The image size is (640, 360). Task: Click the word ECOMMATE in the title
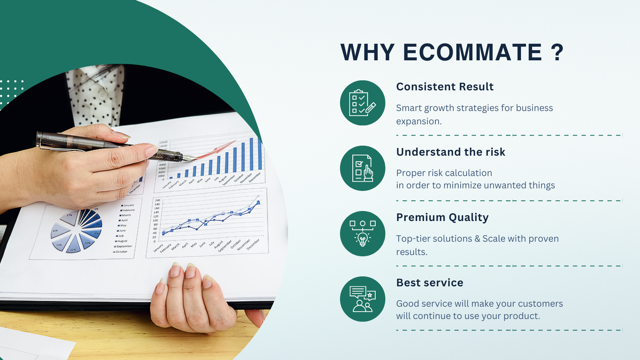473,52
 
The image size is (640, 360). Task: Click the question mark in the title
557,52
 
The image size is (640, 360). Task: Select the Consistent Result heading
445,87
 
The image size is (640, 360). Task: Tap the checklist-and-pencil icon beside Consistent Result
362,103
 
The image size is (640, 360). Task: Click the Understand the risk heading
451,152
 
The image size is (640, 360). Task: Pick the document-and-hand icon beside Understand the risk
362,168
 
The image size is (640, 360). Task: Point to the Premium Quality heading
442,218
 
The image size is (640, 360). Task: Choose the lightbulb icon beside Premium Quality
362,234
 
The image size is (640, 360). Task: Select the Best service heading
430,283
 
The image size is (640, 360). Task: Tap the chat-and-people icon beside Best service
362,299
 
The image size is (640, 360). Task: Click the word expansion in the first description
419,122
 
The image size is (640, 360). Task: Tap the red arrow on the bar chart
216,149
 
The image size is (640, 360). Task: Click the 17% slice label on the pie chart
69,215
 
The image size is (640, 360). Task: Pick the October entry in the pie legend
120,252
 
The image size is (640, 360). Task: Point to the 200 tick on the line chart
157,200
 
